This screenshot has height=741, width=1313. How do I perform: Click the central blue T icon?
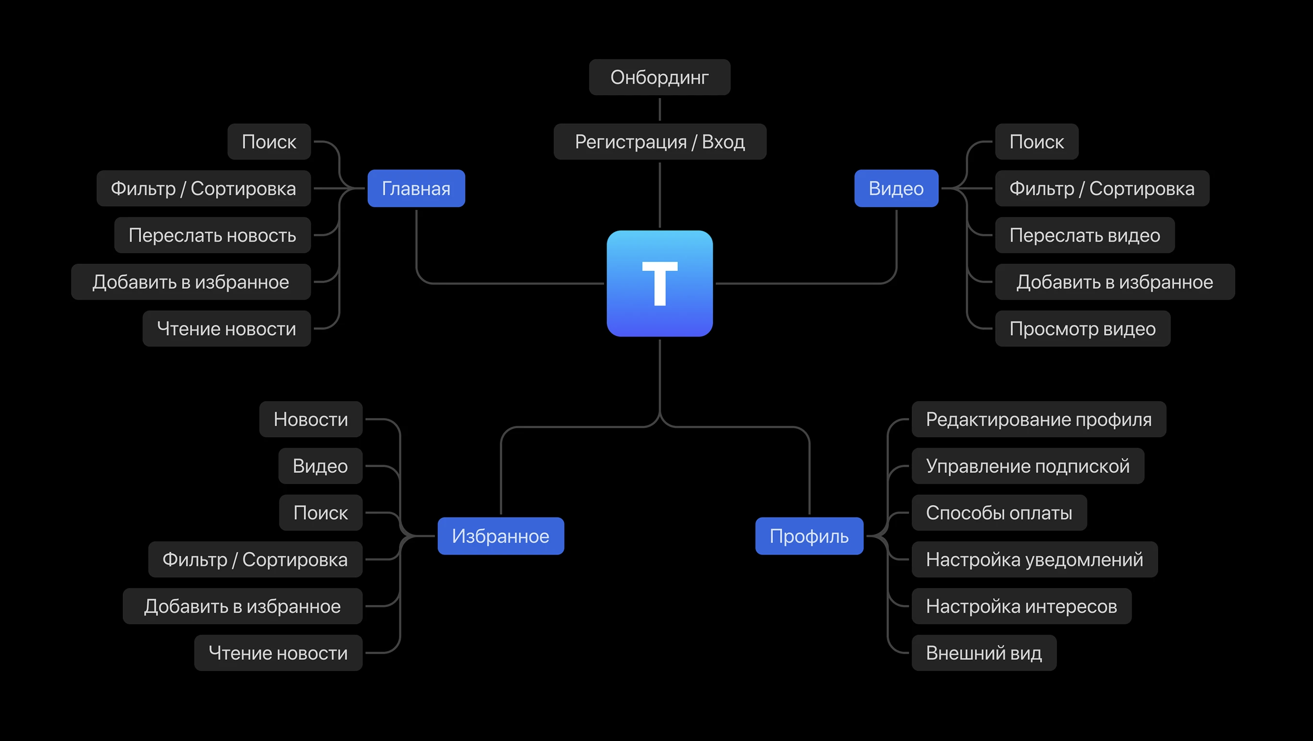coord(659,283)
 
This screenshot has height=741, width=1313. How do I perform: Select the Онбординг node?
coord(659,77)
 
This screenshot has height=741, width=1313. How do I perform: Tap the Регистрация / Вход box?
coord(659,141)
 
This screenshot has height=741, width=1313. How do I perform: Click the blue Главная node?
coord(416,188)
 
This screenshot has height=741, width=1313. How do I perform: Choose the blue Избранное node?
coord(501,536)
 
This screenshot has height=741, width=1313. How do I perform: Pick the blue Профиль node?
coord(809,536)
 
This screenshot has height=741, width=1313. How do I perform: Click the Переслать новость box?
coord(212,235)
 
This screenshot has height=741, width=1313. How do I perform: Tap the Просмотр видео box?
coord(1082,328)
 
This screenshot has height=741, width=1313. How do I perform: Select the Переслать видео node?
coord(1084,235)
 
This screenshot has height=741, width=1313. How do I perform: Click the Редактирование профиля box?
coord(1038,419)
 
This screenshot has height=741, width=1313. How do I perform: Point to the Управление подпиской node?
coord(1028,466)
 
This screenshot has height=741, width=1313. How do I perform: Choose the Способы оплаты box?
coord(999,512)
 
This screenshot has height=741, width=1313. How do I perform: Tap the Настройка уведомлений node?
coord(1034,559)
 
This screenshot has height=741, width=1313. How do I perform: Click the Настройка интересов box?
coord(1021,606)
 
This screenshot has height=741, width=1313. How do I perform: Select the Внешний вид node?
coord(983,653)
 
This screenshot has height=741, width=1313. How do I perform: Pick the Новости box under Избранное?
coord(311,419)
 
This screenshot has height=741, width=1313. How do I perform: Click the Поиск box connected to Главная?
coord(269,141)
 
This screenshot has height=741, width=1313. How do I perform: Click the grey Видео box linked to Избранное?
coord(320,466)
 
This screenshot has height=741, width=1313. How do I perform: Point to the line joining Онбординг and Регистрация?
coord(659,109)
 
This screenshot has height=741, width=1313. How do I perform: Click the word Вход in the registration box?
coord(723,141)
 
